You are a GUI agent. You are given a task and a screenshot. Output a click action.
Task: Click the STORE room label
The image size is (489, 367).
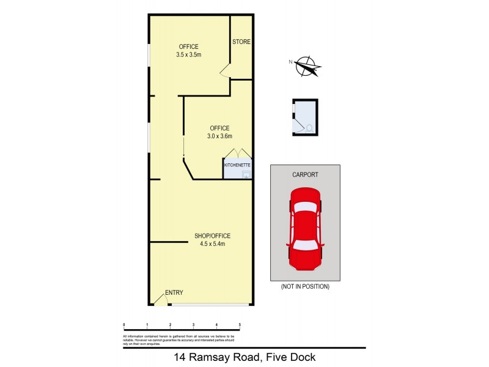(241, 42)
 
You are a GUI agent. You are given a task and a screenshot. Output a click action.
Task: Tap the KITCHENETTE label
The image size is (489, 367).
(238, 165)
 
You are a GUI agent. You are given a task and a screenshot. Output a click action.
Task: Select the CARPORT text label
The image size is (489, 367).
(305, 174)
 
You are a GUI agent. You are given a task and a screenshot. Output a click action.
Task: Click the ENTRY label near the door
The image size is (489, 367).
(174, 292)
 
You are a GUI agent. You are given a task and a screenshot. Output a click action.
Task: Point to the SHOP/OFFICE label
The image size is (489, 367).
(212, 236)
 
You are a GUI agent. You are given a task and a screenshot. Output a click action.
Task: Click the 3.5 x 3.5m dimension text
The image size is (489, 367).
(189, 54)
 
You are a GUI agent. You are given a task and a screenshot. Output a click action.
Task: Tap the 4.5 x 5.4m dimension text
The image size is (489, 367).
(212, 244)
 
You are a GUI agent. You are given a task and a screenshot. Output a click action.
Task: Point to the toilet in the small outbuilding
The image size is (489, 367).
(309, 128)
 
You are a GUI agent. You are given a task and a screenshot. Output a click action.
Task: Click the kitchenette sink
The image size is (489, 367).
(246, 174)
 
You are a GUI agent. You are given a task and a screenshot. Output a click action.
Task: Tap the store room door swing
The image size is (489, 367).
(225, 72)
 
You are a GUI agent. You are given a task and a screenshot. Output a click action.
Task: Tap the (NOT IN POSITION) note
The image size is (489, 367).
(305, 286)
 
